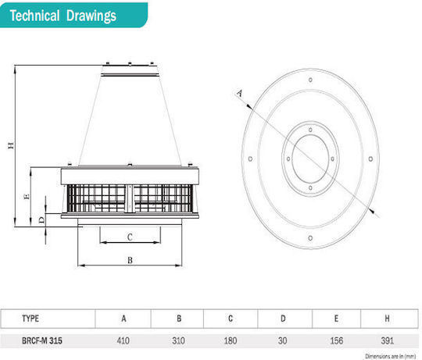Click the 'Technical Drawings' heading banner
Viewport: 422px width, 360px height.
click(x=73, y=15)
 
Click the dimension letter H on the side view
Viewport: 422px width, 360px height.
click(x=11, y=145)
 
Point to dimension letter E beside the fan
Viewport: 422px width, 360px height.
click(x=27, y=197)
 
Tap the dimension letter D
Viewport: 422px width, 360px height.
click(x=41, y=220)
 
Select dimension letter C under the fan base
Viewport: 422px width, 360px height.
click(x=130, y=237)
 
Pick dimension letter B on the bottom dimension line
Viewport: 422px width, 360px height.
click(x=130, y=260)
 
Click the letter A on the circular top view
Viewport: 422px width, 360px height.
click(x=240, y=93)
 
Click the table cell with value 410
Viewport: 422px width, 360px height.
click(x=123, y=341)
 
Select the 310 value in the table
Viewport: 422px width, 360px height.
click(x=178, y=341)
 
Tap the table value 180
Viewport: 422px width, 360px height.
click(x=231, y=341)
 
